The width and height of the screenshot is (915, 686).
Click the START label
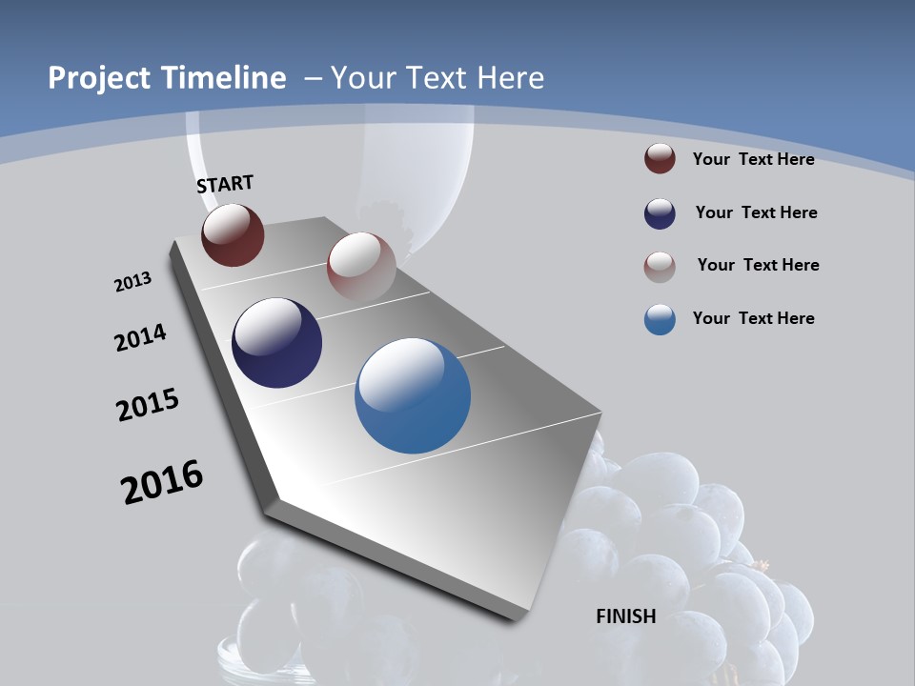pyautogui.click(x=225, y=184)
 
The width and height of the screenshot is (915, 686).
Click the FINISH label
pyautogui.click(x=625, y=616)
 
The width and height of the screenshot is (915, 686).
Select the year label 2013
pyautogui.click(x=132, y=282)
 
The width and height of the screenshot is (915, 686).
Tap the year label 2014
pyautogui.click(x=140, y=338)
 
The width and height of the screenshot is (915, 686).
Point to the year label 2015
pyautogui.click(x=147, y=405)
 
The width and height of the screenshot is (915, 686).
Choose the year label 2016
pyautogui.click(x=162, y=482)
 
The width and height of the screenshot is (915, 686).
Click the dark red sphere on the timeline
pyautogui.click(x=233, y=234)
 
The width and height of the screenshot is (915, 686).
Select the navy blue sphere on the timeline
pyautogui.click(x=276, y=343)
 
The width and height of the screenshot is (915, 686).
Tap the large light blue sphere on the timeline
pyautogui.click(x=413, y=395)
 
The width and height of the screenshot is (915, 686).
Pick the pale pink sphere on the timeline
pyautogui.click(x=360, y=266)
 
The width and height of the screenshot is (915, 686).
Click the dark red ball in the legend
pyautogui.click(x=660, y=159)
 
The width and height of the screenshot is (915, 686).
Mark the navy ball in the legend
pyautogui.click(x=660, y=213)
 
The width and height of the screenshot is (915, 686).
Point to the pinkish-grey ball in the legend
pyautogui.click(x=660, y=266)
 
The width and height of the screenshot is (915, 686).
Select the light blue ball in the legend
pyautogui.click(x=660, y=319)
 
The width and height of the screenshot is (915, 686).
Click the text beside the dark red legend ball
pyautogui.click(x=753, y=159)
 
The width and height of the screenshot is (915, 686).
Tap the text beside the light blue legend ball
pyautogui.click(x=753, y=318)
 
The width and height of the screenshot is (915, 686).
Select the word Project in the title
pyautogui.click(x=95, y=78)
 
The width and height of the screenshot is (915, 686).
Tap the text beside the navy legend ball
pyautogui.click(x=756, y=212)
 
